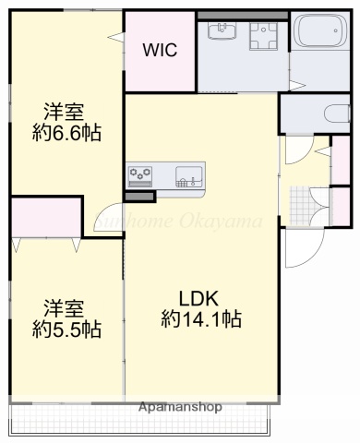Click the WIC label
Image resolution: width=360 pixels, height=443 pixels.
tap(160, 50)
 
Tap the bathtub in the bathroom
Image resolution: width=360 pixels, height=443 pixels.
tap(319, 36)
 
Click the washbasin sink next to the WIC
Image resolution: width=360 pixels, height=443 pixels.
tap(222, 34)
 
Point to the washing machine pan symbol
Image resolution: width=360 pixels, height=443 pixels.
tap(265, 37)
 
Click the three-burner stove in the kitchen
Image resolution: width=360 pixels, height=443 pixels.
tap(142, 174)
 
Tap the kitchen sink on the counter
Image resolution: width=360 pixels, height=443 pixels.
tap(188, 174)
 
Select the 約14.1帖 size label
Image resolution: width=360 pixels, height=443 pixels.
tap(200, 320)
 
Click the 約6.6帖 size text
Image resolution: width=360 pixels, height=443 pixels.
tap(66, 132)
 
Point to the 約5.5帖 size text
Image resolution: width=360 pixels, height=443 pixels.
tap(66, 329)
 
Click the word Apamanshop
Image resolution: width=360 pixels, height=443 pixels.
tap(180, 406)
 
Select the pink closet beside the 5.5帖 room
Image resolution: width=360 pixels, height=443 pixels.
tap(45, 218)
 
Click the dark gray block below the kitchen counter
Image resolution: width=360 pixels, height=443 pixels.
tap(140, 195)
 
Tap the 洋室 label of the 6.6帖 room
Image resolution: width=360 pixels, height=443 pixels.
tap(66, 109)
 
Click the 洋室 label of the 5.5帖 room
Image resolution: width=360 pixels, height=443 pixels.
tap(66, 306)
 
